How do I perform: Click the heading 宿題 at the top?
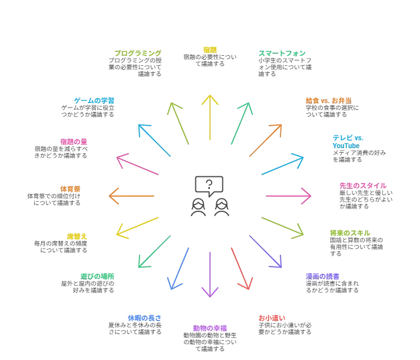pyautogui.click(x=210, y=50)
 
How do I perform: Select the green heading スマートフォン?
pyautogui.click(x=282, y=54)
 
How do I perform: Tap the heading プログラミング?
pyautogui.click(x=138, y=53)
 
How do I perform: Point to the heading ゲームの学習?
pyautogui.click(x=94, y=100)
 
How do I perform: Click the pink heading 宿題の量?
pyautogui.click(x=74, y=141)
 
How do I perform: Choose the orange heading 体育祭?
pyautogui.click(x=70, y=189)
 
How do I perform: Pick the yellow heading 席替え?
pyautogui.click(x=77, y=237)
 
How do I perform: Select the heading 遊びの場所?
pyautogui.click(x=97, y=277)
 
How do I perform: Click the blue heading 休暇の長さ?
pyautogui.click(x=145, y=318)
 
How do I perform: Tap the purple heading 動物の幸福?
pyautogui.click(x=210, y=328)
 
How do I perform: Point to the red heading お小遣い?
pyautogui.click(x=272, y=318)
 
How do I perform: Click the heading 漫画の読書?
pyautogui.click(x=323, y=277)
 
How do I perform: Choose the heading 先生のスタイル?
pyautogui.click(x=363, y=186)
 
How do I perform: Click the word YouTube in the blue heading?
pyautogui.click(x=346, y=146)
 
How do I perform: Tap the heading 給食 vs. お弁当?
pyautogui.click(x=329, y=100)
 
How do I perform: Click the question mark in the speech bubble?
pyautogui.click(x=209, y=184)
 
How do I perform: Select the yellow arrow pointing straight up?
pyautogui.click(x=210, y=117)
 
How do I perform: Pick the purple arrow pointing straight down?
pyautogui.click(x=210, y=274)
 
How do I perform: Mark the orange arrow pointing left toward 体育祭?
pyautogui.click(x=131, y=196)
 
